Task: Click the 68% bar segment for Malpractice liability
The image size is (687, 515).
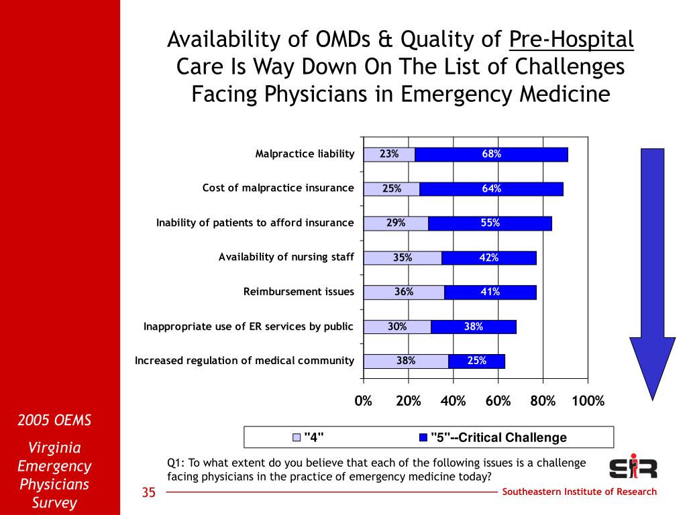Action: tap(491, 155)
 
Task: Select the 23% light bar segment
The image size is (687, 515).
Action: tap(390, 155)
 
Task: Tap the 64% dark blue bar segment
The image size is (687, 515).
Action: tap(491, 188)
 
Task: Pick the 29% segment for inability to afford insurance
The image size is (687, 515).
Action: tap(396, 223)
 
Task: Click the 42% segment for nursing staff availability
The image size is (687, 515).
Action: tap(489, 258)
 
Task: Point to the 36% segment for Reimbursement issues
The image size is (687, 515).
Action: tap(404, 292)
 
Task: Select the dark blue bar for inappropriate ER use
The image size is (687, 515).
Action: tap(474, 327)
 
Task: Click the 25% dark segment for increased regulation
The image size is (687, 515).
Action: tap(477, 361)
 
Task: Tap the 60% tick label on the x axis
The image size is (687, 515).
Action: tap(498, 401)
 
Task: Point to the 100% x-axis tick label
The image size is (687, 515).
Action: tap(588, 401)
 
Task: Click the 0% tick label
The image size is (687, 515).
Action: tap(363, 401)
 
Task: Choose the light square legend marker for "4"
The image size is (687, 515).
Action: tap(297, 437)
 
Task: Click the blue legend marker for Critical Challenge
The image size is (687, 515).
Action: tap(423, 437)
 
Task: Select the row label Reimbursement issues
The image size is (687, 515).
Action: tap(299, 292)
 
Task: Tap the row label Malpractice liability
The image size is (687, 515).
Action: tap(305, 154)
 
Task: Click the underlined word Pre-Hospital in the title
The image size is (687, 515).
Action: tap(572, 40)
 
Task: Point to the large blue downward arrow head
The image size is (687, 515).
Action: tap(652, 369)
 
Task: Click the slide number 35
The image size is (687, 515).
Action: tap(148, 492)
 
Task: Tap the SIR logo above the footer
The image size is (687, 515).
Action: tap(633, 467)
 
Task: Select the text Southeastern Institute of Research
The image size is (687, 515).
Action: tap(579, 492)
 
